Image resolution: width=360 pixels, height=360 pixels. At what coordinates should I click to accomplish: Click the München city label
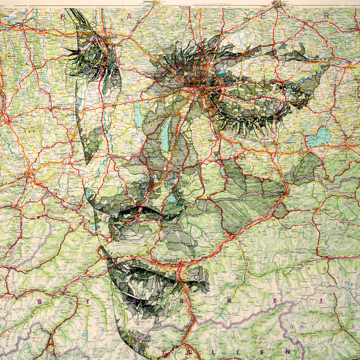pyautogui.click(x=197, y=82)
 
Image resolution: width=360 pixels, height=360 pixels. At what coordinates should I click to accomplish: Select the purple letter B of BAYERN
pyautogui.click(x=64, y=16)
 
